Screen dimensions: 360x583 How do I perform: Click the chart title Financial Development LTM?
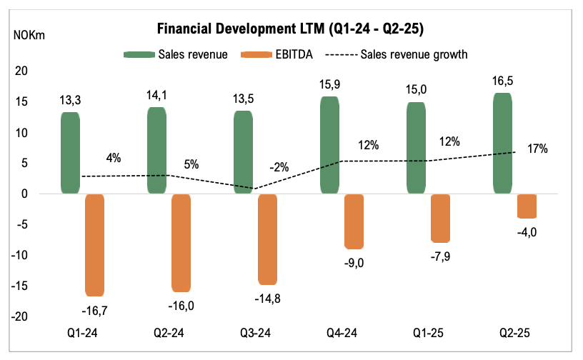tap(291, 29)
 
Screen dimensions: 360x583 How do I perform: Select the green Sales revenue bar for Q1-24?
tap(70, 153)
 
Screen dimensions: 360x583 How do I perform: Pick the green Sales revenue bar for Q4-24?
tap(329, 145)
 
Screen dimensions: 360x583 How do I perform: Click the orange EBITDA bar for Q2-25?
tap(527, 206)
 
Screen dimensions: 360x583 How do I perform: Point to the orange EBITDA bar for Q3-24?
tap(268, 239)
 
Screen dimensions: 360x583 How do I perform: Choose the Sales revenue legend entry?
tap(176, 54)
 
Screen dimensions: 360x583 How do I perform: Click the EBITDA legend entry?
tap(279, 54)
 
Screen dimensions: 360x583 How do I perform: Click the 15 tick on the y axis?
tap(21, 101)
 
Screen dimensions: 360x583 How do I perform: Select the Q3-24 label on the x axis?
tap(255, 333)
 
